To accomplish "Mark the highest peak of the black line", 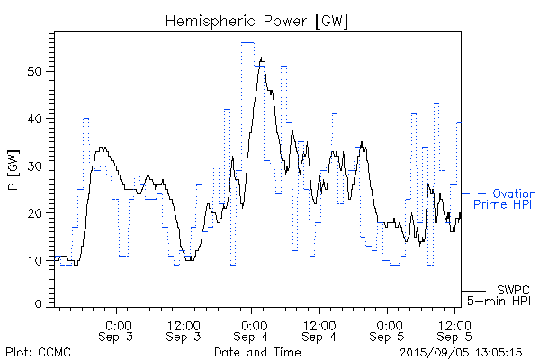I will point(262,58).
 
